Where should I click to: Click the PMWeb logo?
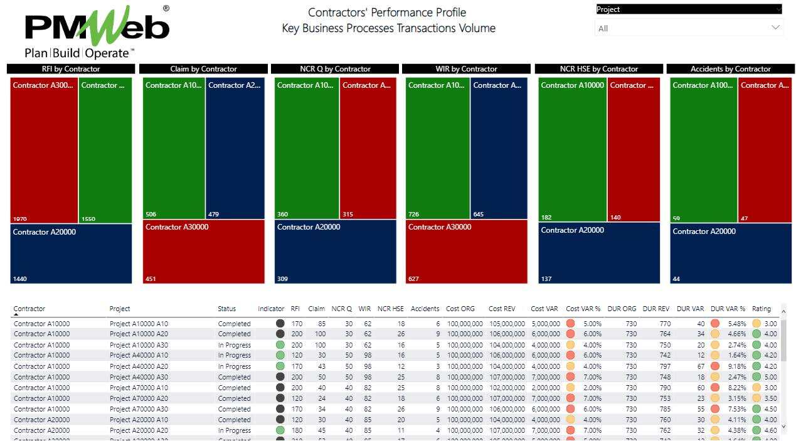pyautogui.click(x=97, y=31)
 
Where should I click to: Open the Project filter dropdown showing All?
pyautogui.click(x=688, y=28)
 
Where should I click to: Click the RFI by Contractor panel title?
pyautogui.click(x=71, y=69)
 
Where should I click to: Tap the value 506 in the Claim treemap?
pyautogui.click(x=151, y=215)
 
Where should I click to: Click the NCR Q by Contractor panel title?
pyautogui.click(x=335, y=69)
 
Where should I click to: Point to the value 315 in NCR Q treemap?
pyautogui.click(x=348, y=215)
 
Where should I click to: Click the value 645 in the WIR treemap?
pyautogui.click(x=479, y=215)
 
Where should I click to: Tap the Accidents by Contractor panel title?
pyautogui.click(x=730, y=69)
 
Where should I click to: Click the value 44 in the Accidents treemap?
pyautogui.click(x=677, y=279)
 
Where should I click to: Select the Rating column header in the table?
pyautogui.click(x=761, y=309)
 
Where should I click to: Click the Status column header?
pyautogui.click(x=227, y=309)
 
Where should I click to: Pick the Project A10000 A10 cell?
pyautogui.click(x=139, y=324)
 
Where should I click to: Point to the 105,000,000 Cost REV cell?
pyautogui.click(x=507, y=324)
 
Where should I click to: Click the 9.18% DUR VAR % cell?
pyautogui.click(x=736, y=366)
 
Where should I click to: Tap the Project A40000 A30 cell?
pyautogui.click(x=139, y=377)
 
